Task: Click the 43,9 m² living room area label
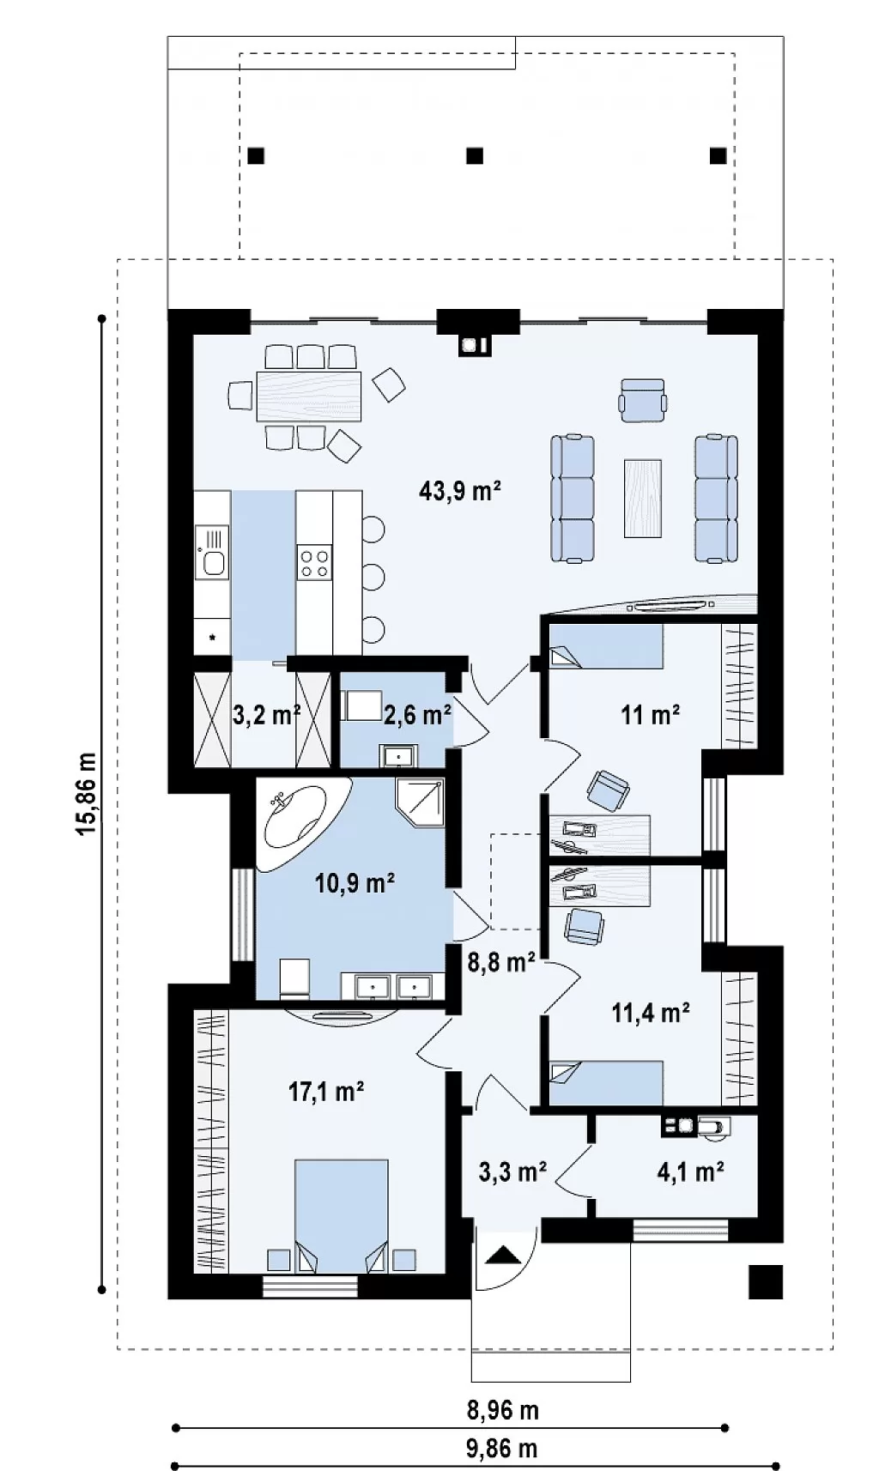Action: click(460, 491)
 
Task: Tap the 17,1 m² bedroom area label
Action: click(326, 1092)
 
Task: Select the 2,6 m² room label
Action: click(417, 715)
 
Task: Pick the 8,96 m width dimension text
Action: click(502, 1410)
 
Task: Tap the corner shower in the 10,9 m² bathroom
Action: click(421, 802)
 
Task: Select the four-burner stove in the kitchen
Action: click(314, 564)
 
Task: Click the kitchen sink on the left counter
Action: click(212, 553)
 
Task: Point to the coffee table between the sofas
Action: click(642, 499)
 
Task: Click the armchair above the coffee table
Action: click(643, 400)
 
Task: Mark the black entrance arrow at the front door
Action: click(503, 1255)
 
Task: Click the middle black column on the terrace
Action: click(475, 155)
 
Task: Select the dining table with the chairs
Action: click(309, 396)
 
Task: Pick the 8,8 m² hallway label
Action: click(501, 963)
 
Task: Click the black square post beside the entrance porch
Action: click(766, 1282)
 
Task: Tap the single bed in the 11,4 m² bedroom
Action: click(606, 1083)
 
